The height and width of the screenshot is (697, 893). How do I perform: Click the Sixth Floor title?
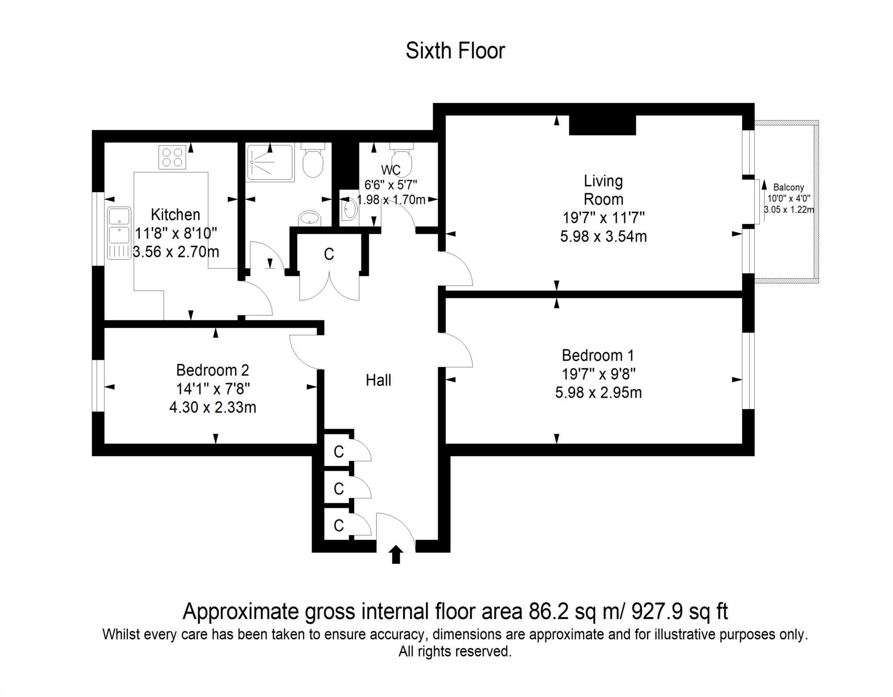455,51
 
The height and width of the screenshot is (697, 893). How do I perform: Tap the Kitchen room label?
175,215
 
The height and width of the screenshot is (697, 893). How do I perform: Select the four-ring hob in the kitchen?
172,157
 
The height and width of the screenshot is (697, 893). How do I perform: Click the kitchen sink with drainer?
120,233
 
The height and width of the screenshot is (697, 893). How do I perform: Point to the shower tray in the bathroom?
270,162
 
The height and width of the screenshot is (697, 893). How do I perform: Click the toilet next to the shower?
313,160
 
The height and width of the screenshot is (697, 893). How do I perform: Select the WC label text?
391,170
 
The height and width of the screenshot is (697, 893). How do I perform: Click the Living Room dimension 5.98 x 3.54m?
603,237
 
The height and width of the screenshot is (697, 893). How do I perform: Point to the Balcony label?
788,187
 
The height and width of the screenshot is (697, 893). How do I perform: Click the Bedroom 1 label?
598,355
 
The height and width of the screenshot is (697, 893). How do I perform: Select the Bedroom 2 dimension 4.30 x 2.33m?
213,408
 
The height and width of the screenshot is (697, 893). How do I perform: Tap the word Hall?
378,381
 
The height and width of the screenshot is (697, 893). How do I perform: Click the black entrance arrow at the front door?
396,555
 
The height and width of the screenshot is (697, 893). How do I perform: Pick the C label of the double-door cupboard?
329,254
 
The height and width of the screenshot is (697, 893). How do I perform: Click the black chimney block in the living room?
602,125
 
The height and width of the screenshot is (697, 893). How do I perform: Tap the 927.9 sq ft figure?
679,612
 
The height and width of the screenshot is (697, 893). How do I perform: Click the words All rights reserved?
455,651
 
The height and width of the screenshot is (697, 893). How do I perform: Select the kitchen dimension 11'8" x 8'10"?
176,233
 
